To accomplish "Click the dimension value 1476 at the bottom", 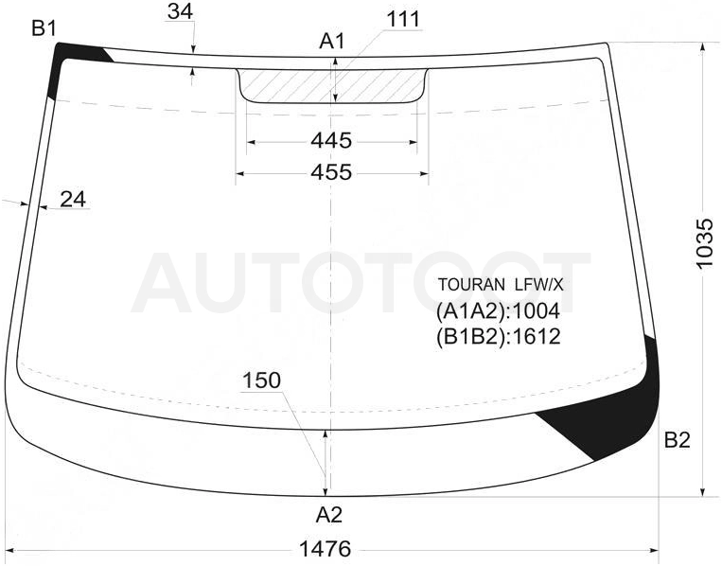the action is point(326,549).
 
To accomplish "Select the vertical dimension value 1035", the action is point(704,243).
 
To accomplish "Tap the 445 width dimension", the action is point(331,140).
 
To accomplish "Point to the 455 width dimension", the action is point(331,172).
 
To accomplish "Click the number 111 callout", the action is point(403,20).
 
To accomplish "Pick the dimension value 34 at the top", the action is point(180,11).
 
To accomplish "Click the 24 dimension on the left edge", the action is point(73,200).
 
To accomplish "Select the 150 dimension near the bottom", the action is point(261,380).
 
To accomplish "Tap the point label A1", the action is point(331,42).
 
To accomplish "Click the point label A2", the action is point(329,515).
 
